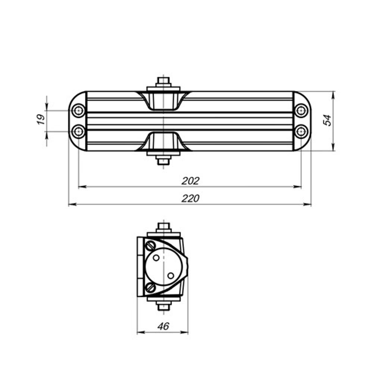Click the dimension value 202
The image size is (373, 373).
point(191,181)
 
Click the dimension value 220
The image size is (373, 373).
point(191,198)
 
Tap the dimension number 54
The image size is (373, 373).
point(327,120)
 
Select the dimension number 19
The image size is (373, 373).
point(41,119)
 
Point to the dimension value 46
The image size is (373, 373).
point(163,326)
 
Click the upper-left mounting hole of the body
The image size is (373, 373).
point(78,110)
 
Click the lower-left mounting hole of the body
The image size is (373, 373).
point(78,131)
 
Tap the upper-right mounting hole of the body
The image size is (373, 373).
point(301,110)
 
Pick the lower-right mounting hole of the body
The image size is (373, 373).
point(301,131)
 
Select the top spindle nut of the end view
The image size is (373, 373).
point(163,227)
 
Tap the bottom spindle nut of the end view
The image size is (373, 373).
point(163,306)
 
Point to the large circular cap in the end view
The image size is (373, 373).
point(163,267)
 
